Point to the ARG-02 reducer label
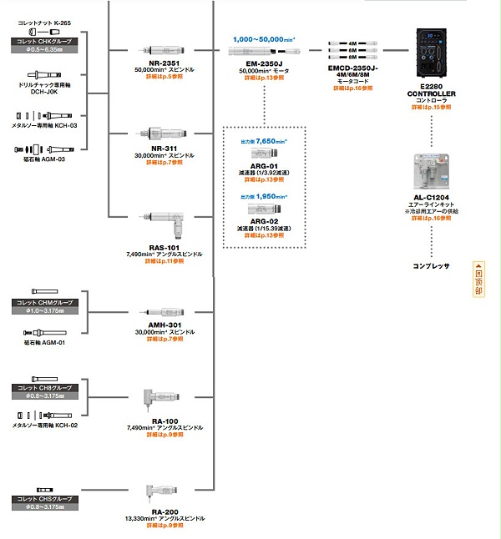click(x=264, y=220)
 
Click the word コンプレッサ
click(x=431, y=266)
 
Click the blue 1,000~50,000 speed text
click(x=264, y=39)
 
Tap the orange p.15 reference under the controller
click(x=431, y=108)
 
